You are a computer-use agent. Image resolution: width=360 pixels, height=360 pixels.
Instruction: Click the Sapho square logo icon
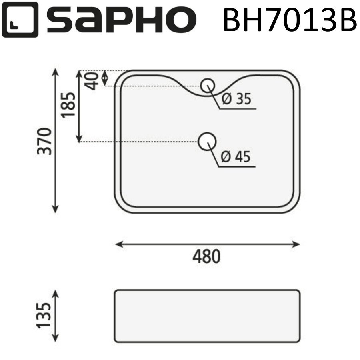tap(20, 20)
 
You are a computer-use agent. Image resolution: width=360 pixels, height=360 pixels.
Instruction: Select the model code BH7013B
tap(289, 20)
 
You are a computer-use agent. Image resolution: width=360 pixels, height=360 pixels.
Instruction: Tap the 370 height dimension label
tap(45, 141)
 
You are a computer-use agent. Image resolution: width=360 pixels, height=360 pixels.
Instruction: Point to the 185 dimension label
tap(68, 105)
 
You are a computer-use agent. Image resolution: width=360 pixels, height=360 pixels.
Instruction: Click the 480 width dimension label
tap(206, 256)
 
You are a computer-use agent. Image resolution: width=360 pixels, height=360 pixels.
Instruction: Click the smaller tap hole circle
tap(208, 85)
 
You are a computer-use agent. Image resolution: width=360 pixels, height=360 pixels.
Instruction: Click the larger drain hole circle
tap(207, 141)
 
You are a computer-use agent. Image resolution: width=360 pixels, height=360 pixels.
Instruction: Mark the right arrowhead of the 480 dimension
tap(297, 244)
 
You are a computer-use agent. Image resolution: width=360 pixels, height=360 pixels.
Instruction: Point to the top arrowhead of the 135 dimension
tap(56, 293)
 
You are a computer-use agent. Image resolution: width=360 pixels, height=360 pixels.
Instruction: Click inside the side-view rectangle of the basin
tap(207, 316)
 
